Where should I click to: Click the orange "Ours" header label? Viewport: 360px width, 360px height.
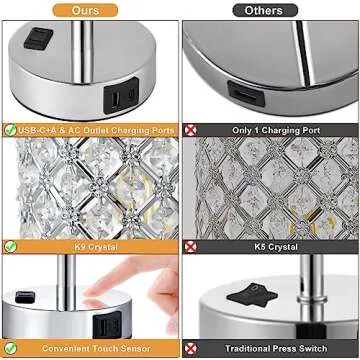(x=89, y=9)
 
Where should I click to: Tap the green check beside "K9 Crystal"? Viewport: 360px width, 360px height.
(x=10, y=246)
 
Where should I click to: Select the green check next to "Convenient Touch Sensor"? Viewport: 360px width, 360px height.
(x=10, y=349)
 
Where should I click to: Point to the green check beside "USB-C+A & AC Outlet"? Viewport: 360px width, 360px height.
(x=10, y=130)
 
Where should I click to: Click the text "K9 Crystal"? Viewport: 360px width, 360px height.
(x=89, y=246)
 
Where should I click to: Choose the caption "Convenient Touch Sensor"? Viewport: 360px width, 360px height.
(x=91, y=349)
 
